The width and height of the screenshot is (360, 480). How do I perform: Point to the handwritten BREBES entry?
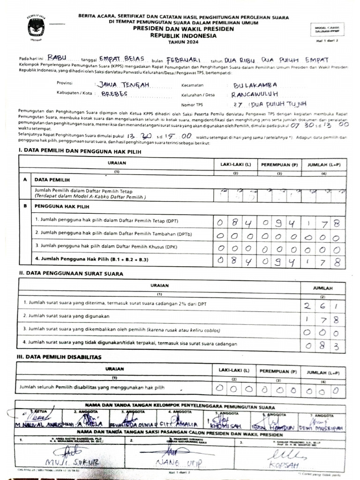click(x=121, y=94)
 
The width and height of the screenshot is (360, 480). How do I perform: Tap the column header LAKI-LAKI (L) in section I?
click(x=233, y=165)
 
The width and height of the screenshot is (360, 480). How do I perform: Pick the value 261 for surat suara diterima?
click(x=322, y=307)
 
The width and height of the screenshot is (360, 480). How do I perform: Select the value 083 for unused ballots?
click(x=322, y=346)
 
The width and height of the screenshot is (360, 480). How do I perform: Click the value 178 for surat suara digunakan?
click(x=322, y=320)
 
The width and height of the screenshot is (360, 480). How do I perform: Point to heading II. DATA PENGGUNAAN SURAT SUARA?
click(x=71, y=273)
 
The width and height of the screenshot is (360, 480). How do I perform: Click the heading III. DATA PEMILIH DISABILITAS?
click(x=60, y=357)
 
